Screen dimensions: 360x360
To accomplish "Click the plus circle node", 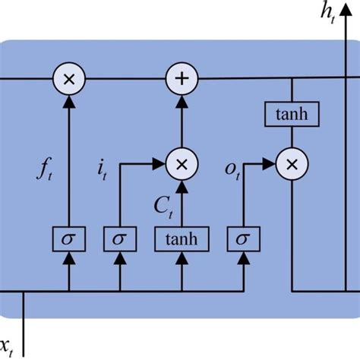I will point(182,78).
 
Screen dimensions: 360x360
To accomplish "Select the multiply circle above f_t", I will point(69,78).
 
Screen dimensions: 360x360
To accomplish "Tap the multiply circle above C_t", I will point(182,163).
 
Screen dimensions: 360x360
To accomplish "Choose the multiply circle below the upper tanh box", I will point(292,163).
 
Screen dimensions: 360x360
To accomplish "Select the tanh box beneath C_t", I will point(182,240).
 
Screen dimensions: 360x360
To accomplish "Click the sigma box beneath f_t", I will point(69,240).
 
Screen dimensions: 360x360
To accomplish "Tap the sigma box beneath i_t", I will point(118,240).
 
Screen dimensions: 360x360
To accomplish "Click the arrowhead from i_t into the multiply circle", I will point(162,163).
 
